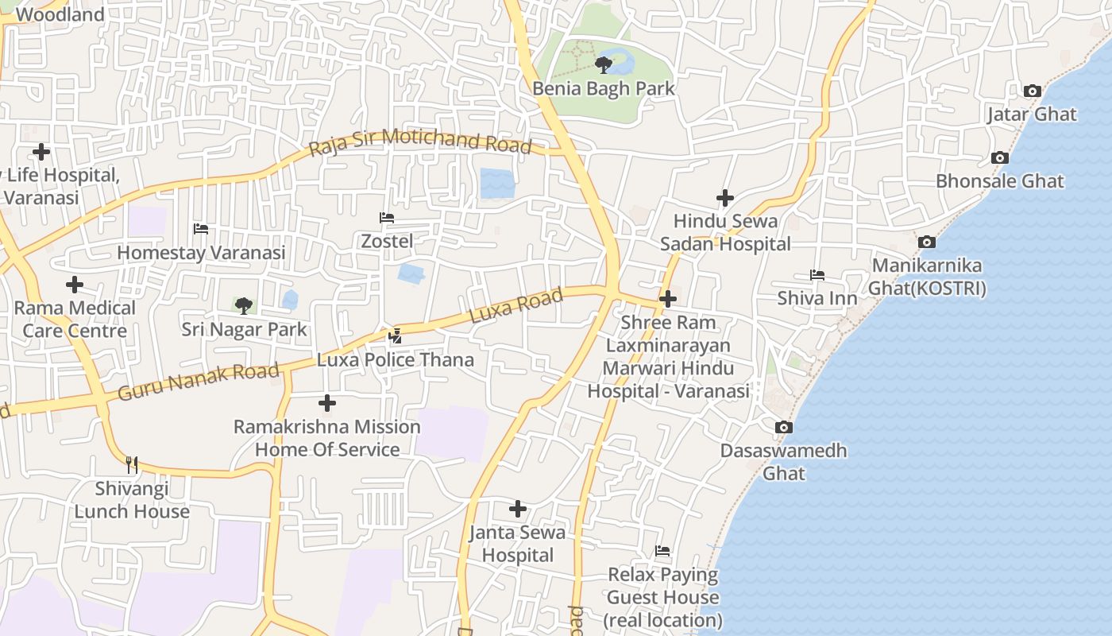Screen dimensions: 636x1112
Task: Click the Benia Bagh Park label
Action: [603, 88]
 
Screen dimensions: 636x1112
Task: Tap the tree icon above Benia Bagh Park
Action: [603, 64]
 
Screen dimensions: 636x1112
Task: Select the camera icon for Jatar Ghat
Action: [1032, 91]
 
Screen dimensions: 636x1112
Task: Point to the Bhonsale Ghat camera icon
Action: [999, 158]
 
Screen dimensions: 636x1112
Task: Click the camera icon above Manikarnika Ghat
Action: [926, 242]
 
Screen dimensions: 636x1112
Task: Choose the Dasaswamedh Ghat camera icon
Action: [783, 428]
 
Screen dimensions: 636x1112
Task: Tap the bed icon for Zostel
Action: [387, 218]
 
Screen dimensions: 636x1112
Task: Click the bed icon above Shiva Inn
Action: [817, 276]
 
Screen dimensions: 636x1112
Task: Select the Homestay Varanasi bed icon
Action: [201, 230]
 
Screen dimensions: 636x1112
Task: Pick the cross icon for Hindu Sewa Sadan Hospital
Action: [724, 197]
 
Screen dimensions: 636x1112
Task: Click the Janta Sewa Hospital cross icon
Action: [518, 509]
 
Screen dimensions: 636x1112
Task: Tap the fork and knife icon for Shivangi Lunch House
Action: [132, 464]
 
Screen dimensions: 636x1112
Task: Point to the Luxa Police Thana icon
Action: [395, 336]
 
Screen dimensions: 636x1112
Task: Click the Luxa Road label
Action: [516, 306]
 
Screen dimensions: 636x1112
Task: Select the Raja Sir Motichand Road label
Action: [419, 142]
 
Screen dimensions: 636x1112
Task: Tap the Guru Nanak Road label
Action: [199, 382]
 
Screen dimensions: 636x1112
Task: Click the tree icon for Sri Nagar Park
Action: [244, 305]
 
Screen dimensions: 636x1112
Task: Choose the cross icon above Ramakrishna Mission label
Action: [326, 404]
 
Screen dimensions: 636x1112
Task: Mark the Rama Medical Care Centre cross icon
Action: [75, 285]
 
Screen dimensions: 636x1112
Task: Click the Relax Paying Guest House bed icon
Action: [662, 551]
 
